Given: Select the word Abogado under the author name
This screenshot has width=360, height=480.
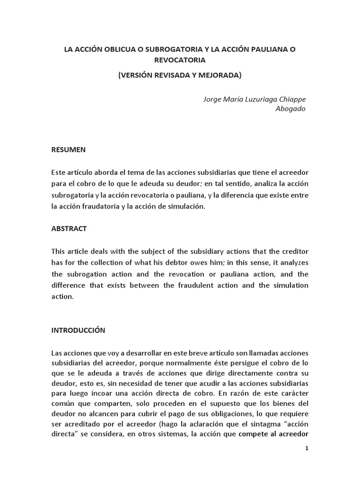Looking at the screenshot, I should pos(290,109).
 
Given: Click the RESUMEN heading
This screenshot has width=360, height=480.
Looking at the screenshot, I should pos(68,150).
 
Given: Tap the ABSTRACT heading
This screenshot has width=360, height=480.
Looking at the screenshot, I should pos(69,229).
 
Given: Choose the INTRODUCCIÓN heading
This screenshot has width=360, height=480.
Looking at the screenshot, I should pos(78,330).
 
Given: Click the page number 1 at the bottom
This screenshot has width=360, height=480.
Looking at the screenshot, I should pos(307,448).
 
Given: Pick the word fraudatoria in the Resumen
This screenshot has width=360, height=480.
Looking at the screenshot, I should pos(98,206).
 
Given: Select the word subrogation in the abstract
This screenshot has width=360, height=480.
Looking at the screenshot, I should pos(90,274).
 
